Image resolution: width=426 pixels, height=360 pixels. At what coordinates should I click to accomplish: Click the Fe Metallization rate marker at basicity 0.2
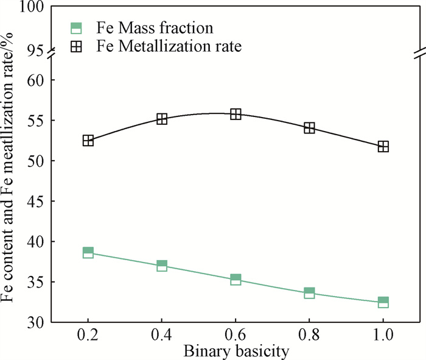tap(88, 141)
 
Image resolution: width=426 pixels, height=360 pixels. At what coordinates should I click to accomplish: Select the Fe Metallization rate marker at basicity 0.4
tap(162, 119)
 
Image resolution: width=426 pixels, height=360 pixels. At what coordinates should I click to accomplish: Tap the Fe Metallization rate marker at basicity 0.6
tap(236, 114)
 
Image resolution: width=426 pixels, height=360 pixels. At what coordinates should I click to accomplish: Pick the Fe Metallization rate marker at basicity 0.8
tap(309, 128)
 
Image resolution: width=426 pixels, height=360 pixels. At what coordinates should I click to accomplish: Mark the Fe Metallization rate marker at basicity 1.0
tap(383, 146)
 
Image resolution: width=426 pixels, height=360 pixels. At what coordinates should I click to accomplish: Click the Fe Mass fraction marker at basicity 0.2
tap(88, 253)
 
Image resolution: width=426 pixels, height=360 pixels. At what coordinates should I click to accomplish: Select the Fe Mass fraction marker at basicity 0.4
tap(162, 266)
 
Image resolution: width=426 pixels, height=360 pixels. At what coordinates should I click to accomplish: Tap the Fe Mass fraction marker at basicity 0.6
tap(236, 280)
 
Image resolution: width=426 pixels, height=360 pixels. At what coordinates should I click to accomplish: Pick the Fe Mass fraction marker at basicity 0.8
tap(309, 293)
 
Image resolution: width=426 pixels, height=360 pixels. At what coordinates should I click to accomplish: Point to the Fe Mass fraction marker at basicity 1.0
tap(383, 302)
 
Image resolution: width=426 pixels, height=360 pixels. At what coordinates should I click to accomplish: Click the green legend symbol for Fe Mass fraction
tap(76, 27)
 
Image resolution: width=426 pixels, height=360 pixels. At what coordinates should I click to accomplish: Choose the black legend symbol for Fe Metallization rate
tap(76, 46)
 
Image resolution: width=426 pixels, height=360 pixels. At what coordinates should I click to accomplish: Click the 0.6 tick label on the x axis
tap(236, 336)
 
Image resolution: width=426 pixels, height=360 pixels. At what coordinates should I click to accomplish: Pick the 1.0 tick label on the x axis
tap(383, 336)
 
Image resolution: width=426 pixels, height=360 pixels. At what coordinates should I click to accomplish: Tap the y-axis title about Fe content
tap(9, 183)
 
